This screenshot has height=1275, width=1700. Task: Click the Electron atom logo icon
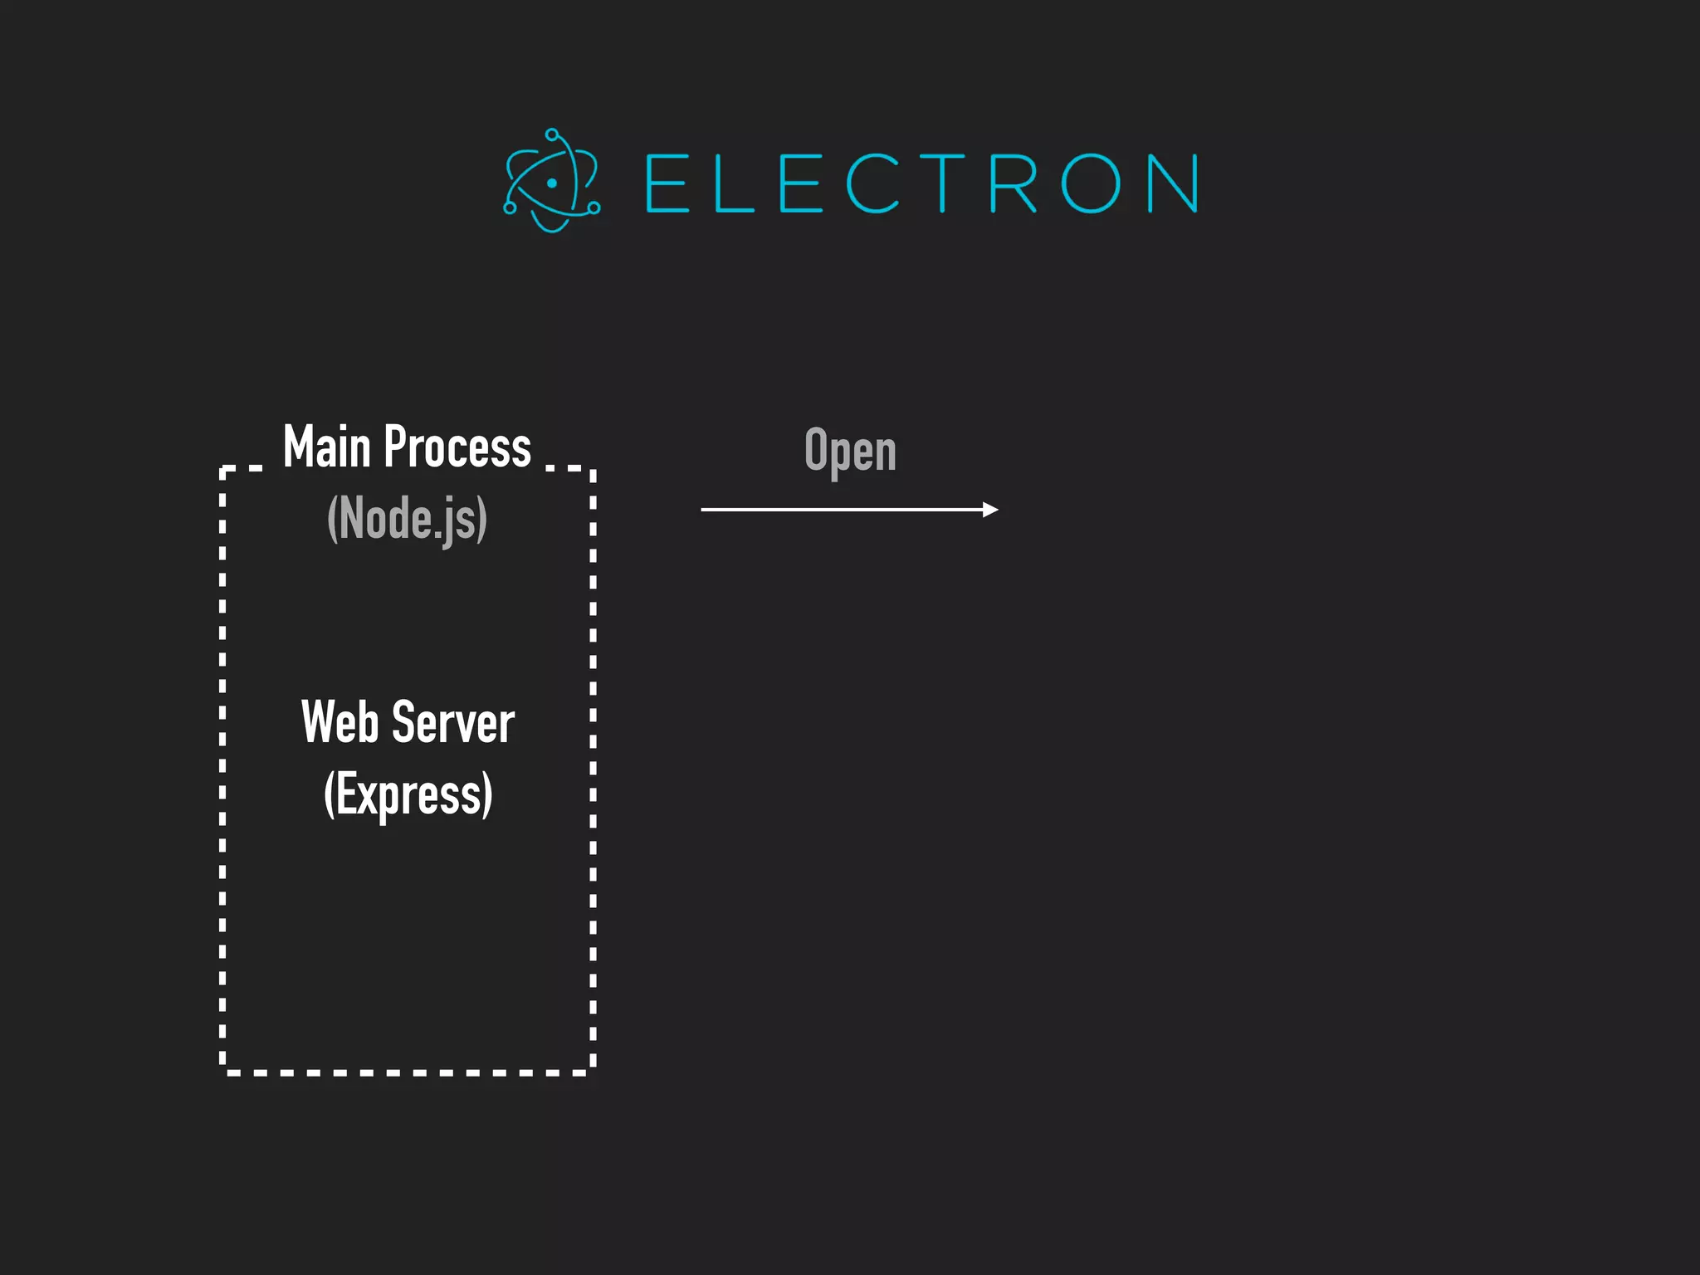(551, 181)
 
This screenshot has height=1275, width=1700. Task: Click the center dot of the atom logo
(551, 183)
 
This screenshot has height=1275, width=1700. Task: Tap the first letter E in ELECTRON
(667, 183)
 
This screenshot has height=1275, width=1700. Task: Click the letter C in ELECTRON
(872, 183)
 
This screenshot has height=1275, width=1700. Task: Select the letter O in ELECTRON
(1090, 183)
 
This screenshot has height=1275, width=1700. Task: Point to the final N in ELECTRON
(1172, 183)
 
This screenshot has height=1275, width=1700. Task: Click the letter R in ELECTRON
(1013, 183)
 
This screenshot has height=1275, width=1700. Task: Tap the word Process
(457, 447)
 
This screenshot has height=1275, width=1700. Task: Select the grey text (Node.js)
(407, 520)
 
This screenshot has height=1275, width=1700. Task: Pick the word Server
(453, 722)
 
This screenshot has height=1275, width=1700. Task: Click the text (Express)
(408, 794)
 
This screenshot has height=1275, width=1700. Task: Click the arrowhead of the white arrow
(990, 510)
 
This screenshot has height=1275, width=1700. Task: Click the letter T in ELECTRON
(941, 183)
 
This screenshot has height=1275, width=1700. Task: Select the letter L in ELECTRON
(733, 183)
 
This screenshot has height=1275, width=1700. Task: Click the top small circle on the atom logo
(552, 134)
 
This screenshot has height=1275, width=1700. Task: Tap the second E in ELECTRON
(801, 183)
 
